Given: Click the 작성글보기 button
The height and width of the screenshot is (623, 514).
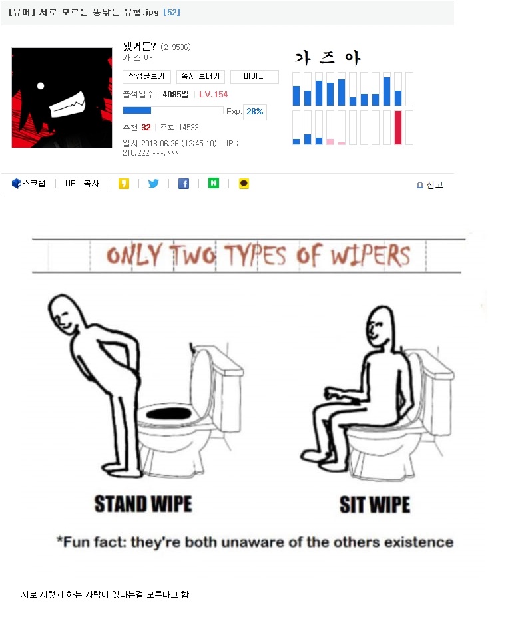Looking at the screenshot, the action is coord(146,77).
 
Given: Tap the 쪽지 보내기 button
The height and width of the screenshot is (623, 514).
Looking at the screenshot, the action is coord(201,77).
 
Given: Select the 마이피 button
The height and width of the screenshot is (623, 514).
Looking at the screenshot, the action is coord(254,77).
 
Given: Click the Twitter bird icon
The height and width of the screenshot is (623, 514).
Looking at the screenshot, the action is coord(153,184).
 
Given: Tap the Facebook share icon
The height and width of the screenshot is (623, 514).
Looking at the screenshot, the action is coord(184,184).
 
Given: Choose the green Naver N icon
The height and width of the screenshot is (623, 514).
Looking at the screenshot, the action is coord(214,183).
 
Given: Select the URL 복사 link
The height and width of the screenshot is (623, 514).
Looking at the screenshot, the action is coord(83,184).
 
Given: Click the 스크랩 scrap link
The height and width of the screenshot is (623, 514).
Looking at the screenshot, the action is coord(29,184).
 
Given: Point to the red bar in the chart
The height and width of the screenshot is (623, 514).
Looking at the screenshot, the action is coord(398,128).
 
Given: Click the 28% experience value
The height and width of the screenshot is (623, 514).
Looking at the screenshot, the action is coord(255,112).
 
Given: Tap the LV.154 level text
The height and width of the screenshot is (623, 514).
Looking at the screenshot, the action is coord(214,94).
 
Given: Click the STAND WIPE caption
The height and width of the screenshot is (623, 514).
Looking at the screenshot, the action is coord(143,504).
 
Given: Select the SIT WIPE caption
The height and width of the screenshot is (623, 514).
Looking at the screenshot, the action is coord(375,505).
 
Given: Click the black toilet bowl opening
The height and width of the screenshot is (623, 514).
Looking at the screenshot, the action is coord(169,413).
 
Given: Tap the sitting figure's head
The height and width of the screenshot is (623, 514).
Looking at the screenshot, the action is coord(380,325).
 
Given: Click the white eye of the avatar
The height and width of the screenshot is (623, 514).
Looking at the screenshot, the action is coord(41,85).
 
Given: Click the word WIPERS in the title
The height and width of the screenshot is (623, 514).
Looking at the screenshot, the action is coord(370,255).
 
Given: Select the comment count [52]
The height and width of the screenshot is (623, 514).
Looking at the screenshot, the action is coord(172,13).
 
